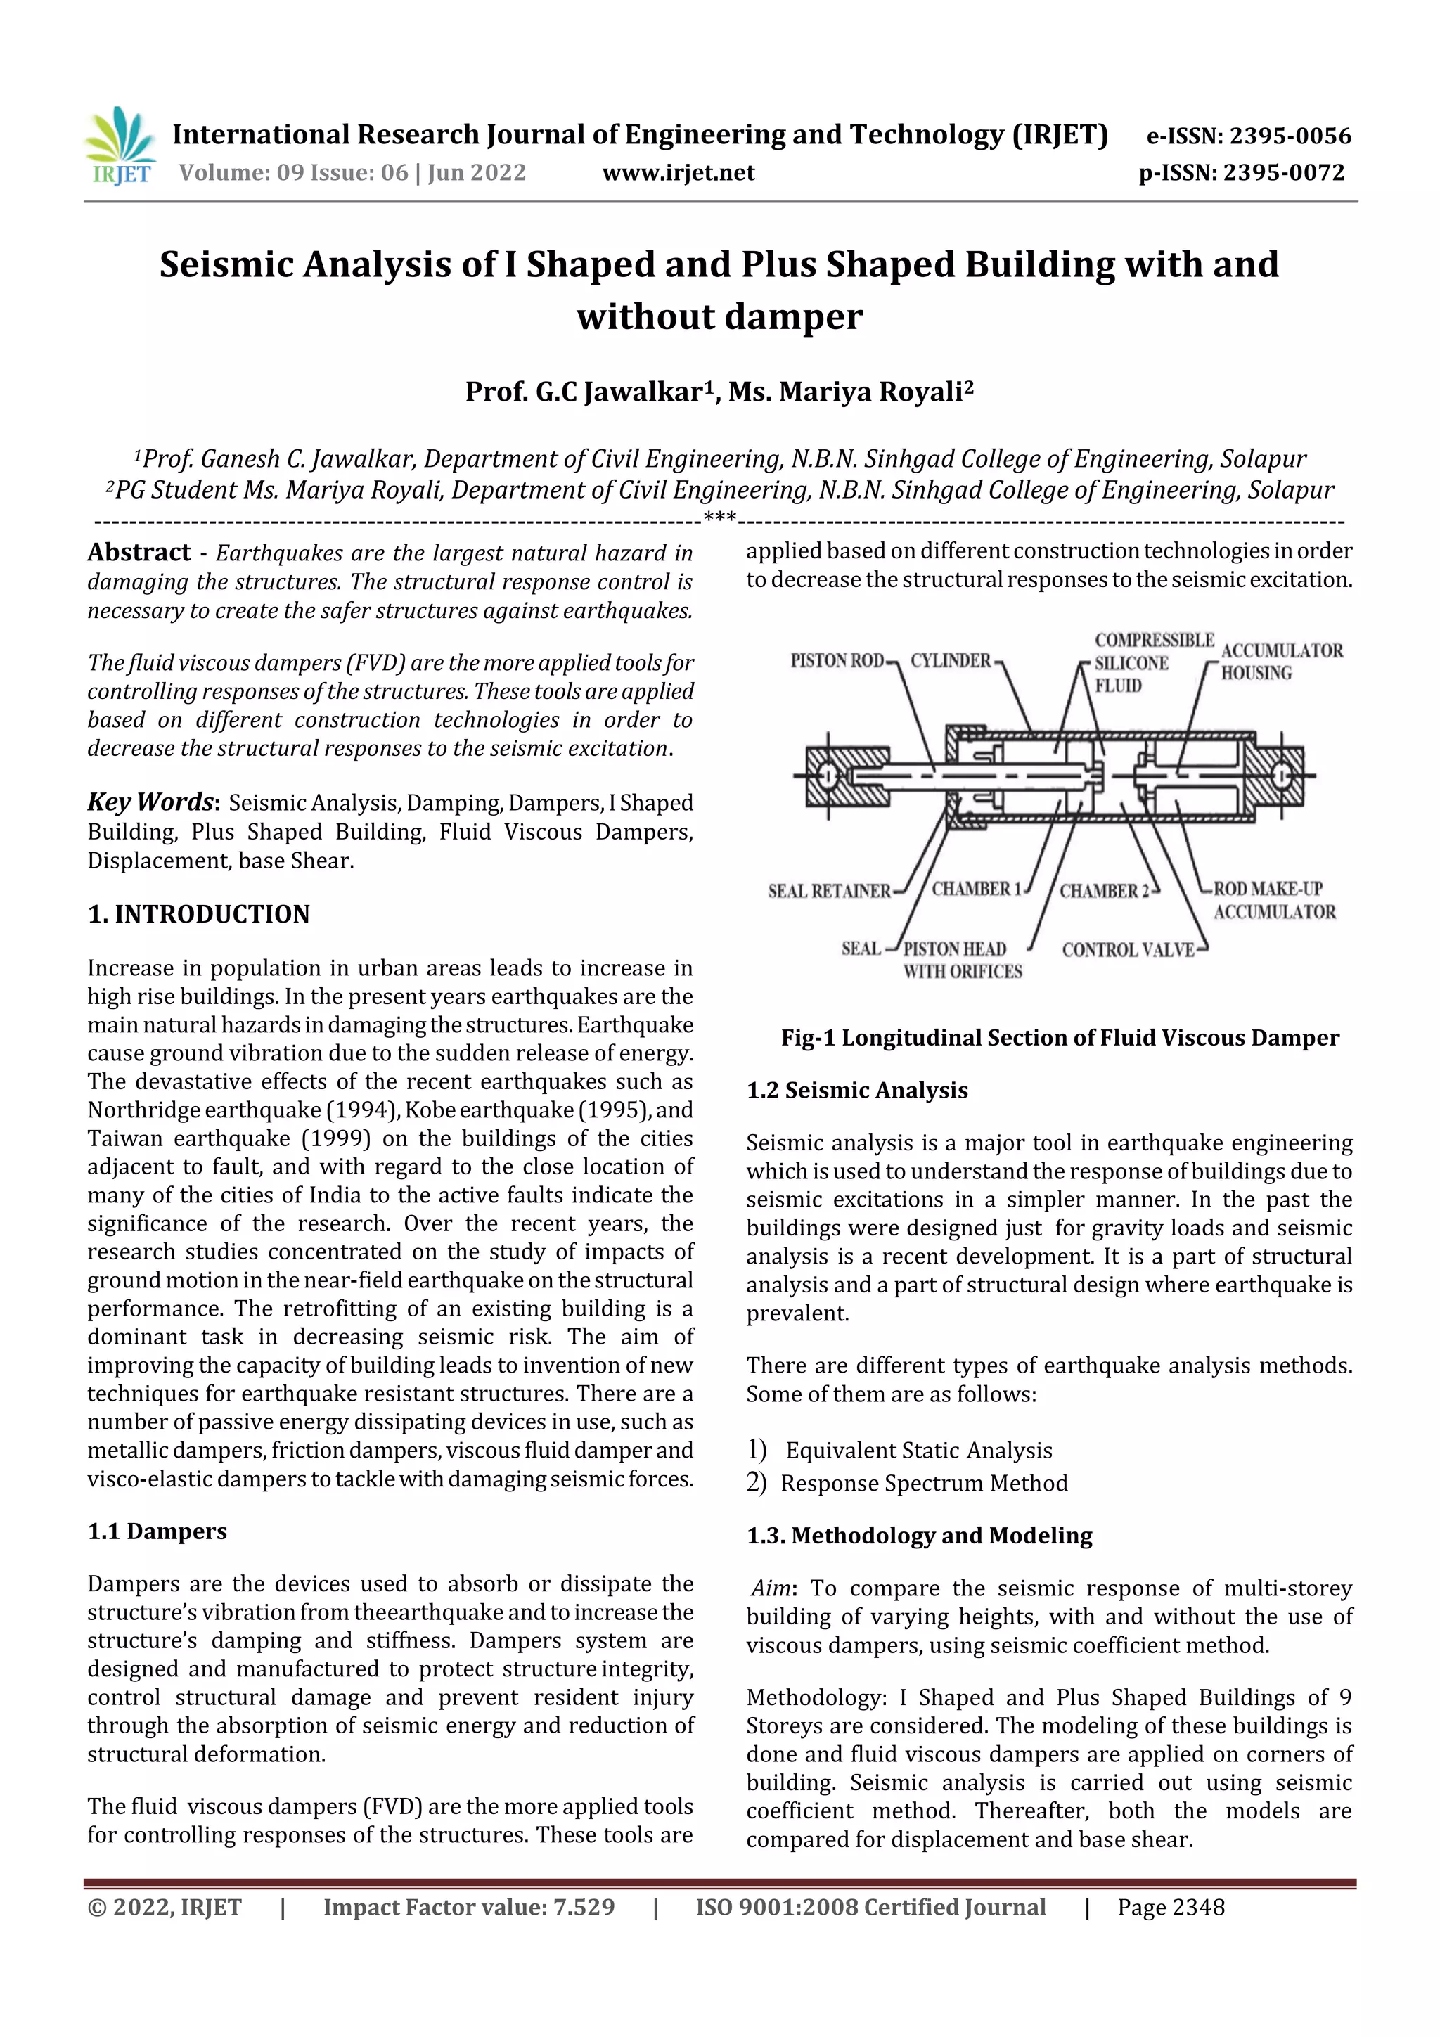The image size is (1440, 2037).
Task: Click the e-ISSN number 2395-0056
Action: [x=1248, y=136]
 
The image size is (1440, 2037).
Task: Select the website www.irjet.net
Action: [x=678, y=172]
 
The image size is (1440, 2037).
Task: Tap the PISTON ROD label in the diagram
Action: [x=837, y=660]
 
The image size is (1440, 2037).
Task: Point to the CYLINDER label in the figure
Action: [x=950, y=660]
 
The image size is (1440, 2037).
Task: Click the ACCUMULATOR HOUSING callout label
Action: [x=1281, y=662]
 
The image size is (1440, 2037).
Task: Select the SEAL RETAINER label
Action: [x=829, y=891]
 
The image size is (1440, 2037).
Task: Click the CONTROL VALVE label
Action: [x=1128, y=949]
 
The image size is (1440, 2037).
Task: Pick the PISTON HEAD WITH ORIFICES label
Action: [x=962, y=960]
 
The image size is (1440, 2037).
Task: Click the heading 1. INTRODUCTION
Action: [x=199, y=914]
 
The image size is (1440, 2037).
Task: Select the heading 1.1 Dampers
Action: [x=157, y=1531]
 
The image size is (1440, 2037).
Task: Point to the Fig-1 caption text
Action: [x=1060, y=1037]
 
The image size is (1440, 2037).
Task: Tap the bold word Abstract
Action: [x=139, y=552]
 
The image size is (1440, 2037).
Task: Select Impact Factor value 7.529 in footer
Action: [x=468, y=1907]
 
